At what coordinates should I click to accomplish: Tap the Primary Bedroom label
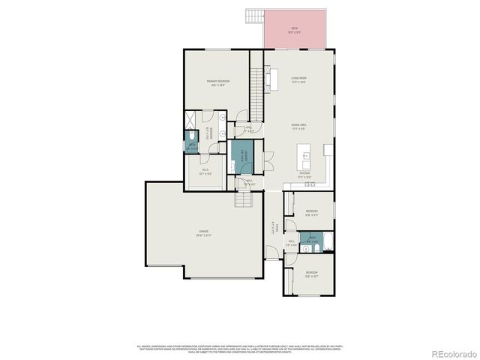217,82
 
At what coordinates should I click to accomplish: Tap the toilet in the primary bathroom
192,136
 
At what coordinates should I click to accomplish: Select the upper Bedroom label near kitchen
312,212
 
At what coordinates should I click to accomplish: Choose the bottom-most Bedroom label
310,274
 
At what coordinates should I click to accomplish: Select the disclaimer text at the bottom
240,349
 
